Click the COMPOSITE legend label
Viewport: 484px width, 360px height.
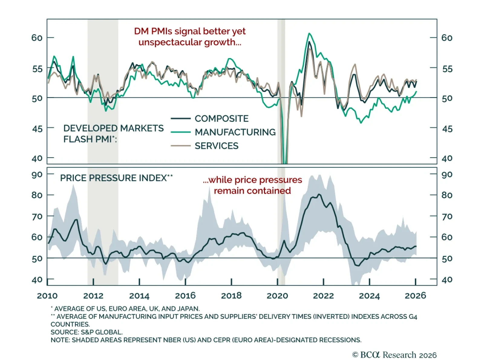click(221, 118)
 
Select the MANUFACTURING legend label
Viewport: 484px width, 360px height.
click(235, 132)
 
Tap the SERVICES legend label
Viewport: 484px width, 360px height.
click(216, 146)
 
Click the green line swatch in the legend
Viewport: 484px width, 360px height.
click(181, 132)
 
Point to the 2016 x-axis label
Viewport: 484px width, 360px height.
click(185, 295)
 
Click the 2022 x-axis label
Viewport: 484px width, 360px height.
click(323, 295)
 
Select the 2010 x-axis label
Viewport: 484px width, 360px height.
click(47, 295)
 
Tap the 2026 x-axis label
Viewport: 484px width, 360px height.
click(415, 295)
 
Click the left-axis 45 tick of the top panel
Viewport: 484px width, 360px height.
click(37, 129)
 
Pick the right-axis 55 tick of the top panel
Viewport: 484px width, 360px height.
click(447, 69)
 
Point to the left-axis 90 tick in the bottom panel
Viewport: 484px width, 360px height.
click(37, 175)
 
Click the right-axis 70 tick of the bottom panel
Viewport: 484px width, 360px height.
click(447, 216)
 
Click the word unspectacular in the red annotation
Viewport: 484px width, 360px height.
click(171, 42)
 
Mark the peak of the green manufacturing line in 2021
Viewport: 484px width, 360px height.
click(309, 33)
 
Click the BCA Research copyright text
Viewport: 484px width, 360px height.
click(394, 355)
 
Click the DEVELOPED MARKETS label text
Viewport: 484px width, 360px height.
click(113, 128)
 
